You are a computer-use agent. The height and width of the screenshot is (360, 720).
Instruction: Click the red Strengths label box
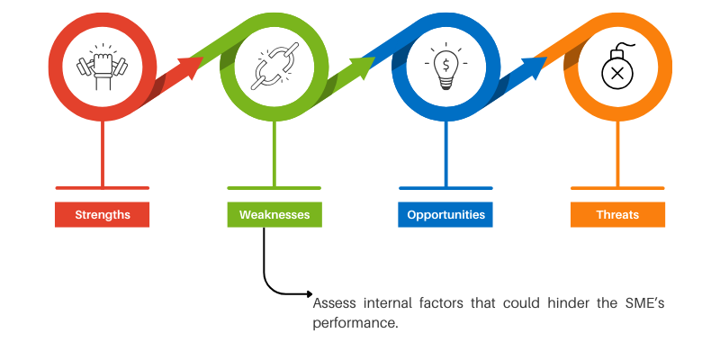(102, 215)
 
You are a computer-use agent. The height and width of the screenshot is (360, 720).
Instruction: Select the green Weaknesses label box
(274, 215)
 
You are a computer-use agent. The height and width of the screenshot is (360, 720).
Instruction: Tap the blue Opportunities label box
(445, 215)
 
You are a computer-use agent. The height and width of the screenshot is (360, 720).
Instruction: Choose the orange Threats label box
(617, 215)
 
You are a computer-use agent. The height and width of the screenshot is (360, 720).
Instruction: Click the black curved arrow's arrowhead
(308, 294)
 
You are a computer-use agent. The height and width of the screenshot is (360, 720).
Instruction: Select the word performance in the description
(355, 322)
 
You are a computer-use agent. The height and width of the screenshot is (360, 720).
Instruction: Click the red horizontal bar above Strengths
(102, 188)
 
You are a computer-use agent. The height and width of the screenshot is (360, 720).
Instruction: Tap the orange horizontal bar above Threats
(617, 188)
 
